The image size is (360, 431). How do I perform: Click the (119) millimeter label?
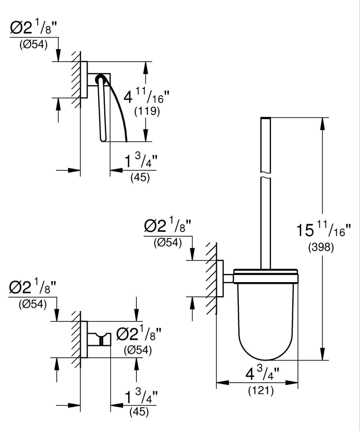147,112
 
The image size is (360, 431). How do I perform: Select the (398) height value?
320,249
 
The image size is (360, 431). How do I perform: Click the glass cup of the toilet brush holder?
266,319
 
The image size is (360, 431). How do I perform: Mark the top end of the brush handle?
265,118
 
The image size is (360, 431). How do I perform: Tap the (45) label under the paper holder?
140,178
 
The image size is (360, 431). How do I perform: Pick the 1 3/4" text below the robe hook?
140,397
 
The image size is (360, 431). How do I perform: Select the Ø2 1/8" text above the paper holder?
34,28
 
